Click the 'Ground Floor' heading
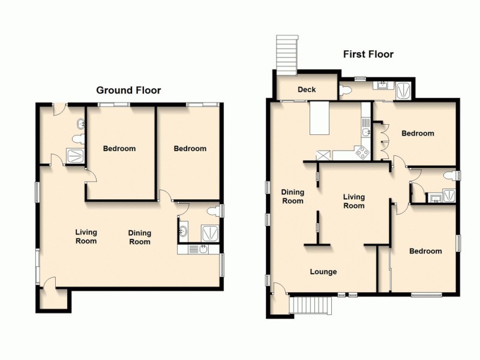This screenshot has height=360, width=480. pyautogui.click(x=129, y=90)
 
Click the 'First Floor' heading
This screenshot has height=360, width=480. pyautogui.click(x=368, y=55)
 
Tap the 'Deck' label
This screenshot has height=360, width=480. pyautogui.click(x=307, y=90)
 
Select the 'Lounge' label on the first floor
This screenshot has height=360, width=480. pyautogui.click(x=323, y=272)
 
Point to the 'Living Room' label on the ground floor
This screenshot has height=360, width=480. pyautogui.click(x=86, y=236)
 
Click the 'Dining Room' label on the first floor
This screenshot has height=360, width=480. pyautogui.click(x=293, y=197)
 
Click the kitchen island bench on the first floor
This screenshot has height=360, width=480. pyautogui.click(x=320, y=118)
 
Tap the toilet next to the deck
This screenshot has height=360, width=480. pyautogui.click(x=345, y=90)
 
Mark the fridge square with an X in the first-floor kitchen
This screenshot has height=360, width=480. pyautogui.click(x=323, y=155)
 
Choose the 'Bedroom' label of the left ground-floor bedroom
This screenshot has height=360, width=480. pyautogui.click(x=119, y=149)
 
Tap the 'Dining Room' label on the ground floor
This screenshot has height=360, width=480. pyautogui.click(x=140, y=237)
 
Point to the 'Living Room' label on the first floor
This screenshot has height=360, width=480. pyautogui.click(x=353, y=201)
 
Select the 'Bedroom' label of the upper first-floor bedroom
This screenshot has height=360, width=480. pyautogui.click(x=418, y=133)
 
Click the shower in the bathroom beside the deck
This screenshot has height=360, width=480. pyautogui.click(x=404, y=90)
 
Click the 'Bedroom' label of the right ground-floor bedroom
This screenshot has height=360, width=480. pyautogui.click(x=190, y=149)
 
